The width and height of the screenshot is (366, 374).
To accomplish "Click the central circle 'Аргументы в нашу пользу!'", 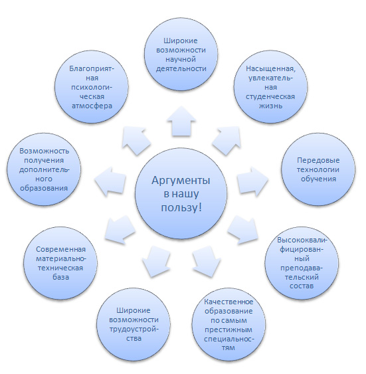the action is (x=181, y=193).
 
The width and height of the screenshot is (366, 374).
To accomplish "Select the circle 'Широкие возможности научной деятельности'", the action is (x=181, y=54).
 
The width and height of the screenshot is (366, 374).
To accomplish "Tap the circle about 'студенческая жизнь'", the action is (x=270, y=87).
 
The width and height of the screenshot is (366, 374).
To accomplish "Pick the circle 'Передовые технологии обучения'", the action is (x=318, y=169).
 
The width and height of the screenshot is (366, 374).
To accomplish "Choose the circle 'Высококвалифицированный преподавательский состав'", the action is (x=302, y=263).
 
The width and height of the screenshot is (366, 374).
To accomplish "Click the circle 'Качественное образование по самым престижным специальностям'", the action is (x=229, y=324).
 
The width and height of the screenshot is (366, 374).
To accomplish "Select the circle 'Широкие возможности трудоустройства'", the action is (x=134, y=324).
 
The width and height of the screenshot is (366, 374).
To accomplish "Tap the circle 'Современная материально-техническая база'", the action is (x=60, y=263).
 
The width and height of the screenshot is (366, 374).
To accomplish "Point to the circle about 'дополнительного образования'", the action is (x=44, y=169).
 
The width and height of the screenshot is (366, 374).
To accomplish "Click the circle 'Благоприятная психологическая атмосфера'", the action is (x=92, y=87).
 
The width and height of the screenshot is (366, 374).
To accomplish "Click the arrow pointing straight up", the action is (x=181, y=122).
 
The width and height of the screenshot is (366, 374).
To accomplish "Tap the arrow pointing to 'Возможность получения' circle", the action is (x=110, y=181).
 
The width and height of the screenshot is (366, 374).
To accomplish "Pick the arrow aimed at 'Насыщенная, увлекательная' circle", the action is (x=227, y=140).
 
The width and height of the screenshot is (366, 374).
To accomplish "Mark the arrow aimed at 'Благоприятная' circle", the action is (x=136, y=141).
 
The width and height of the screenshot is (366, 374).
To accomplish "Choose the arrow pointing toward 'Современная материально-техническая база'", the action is (x=120, y=229).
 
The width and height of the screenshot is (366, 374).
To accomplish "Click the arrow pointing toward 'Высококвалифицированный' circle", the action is (x=243, y=229).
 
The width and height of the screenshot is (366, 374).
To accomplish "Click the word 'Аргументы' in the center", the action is (x=181, y=181).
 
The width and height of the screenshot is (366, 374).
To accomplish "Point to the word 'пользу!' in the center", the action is (x=181, y=207).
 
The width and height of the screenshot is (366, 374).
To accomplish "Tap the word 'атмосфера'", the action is (x=92, y=106).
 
